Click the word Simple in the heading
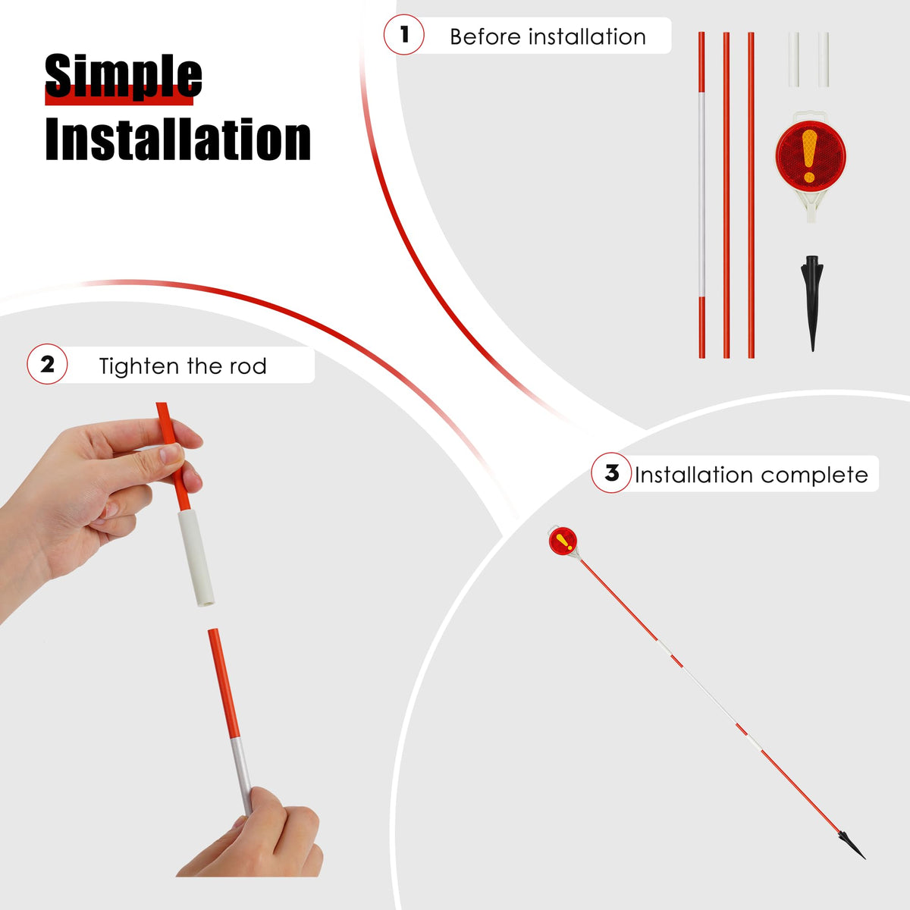(124, 76)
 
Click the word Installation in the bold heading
(178, 140)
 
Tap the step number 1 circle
(403, 34)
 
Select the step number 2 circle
(47, 364)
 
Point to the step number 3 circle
(611, 472)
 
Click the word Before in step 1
(485, 37)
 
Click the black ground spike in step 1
(811, 303)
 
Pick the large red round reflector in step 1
(811, 156)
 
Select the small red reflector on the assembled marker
(563, 541)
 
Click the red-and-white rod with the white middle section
(701, 195)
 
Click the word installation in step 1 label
(587, 37)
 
